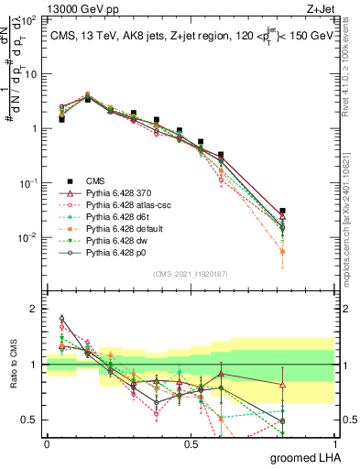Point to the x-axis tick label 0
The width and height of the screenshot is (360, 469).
tap(47, 442)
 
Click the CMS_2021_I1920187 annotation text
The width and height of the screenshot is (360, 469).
tap(190, 273)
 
